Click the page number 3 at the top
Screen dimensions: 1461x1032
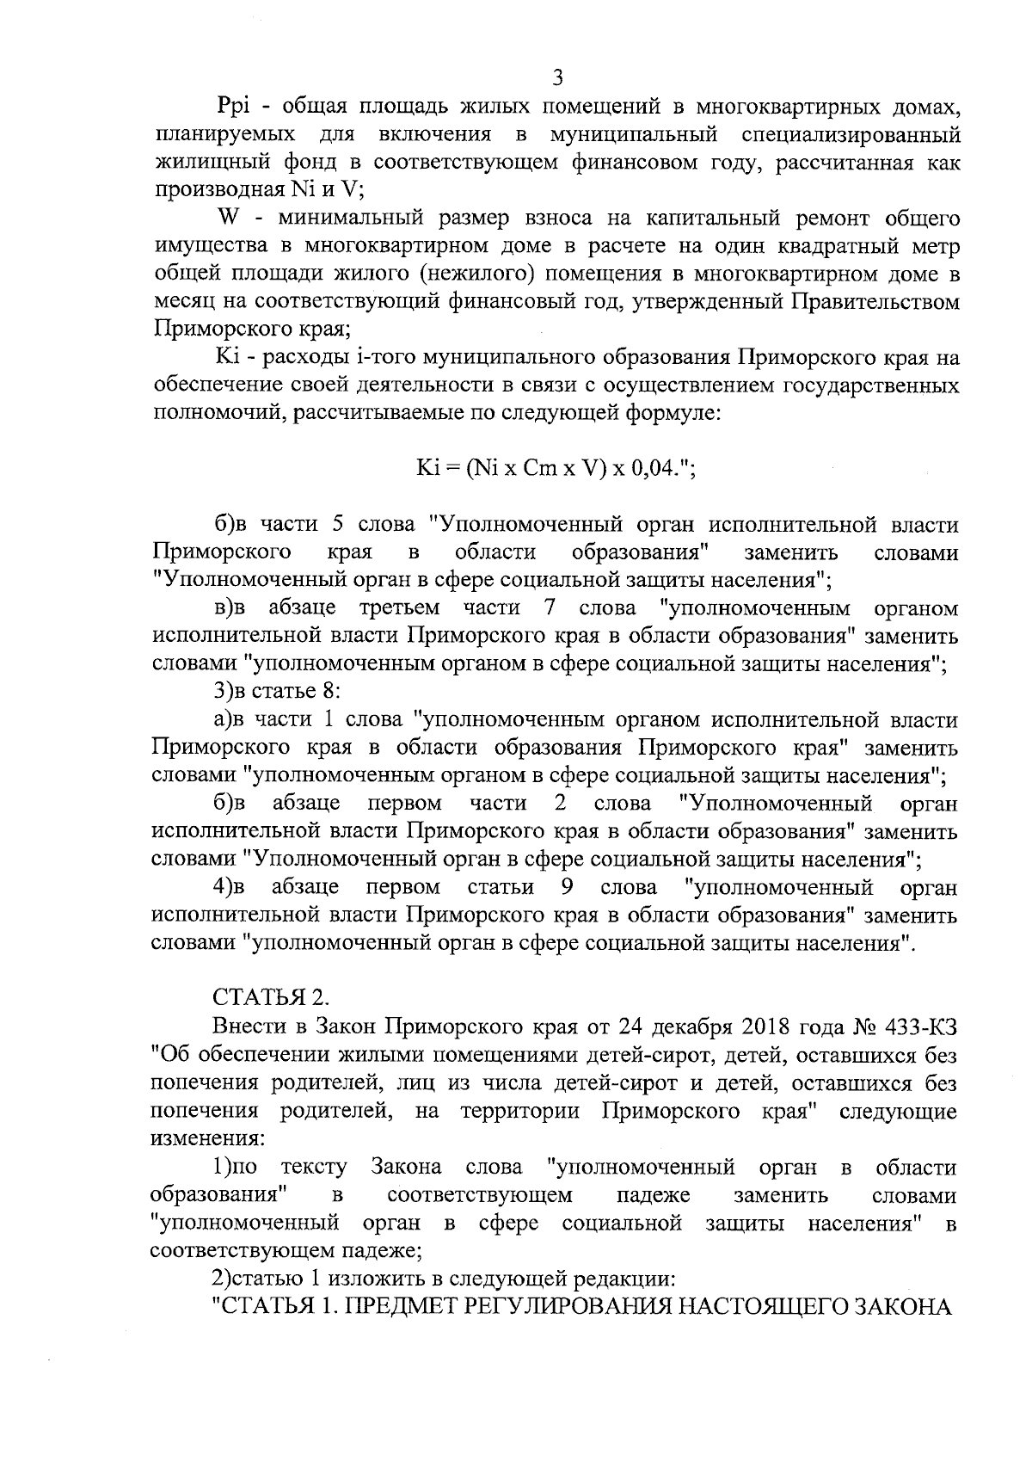(556, 78)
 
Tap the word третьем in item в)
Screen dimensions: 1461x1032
(398, 608)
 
